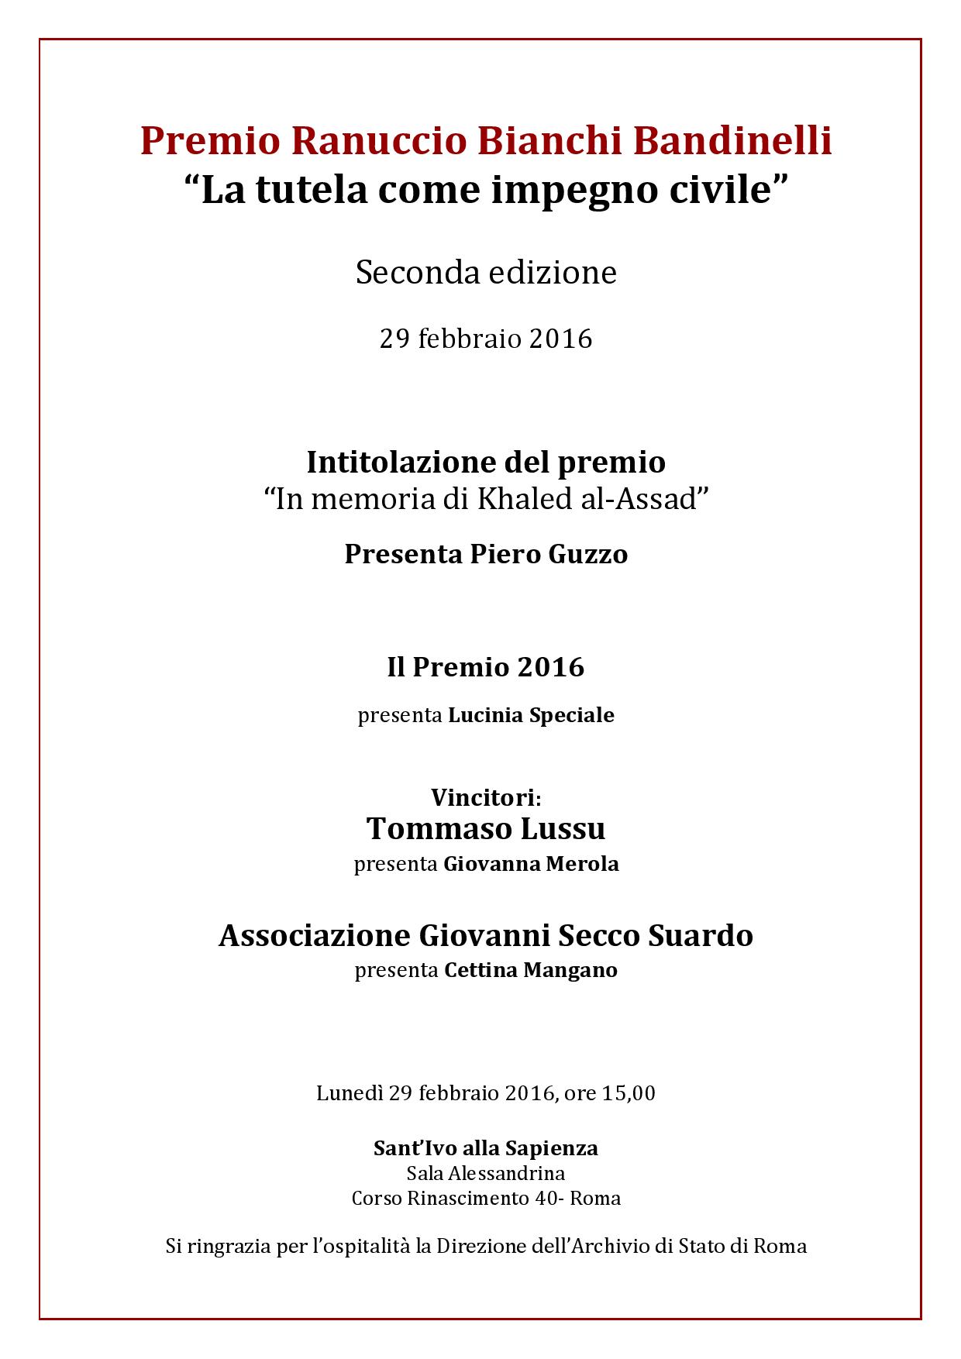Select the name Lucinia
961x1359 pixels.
click(485, 715)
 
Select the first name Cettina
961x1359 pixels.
click(480, 970)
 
